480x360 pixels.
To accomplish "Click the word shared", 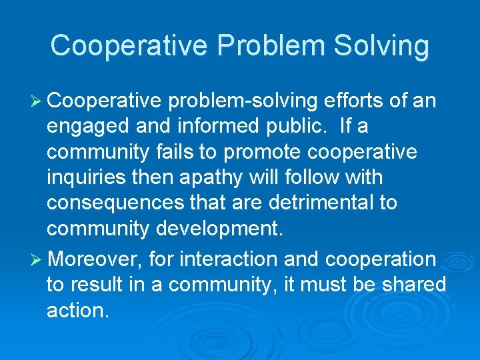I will click(x=413, y=284).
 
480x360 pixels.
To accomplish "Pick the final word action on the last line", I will click(x=77, y=310).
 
